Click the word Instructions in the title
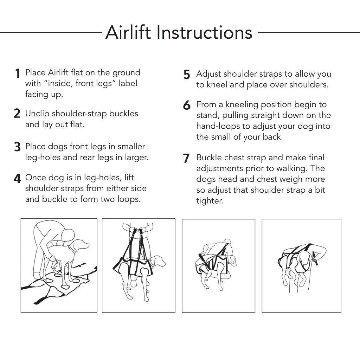(x=204, y=33)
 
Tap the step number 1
(x=17, y=73)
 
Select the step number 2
(x=17, y=114)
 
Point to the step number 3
(x=17, y=147)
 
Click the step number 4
(x=17, y=179)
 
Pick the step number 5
(x=187, y=75)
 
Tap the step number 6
(x=187, y=105)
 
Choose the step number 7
(x=187, y=159)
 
